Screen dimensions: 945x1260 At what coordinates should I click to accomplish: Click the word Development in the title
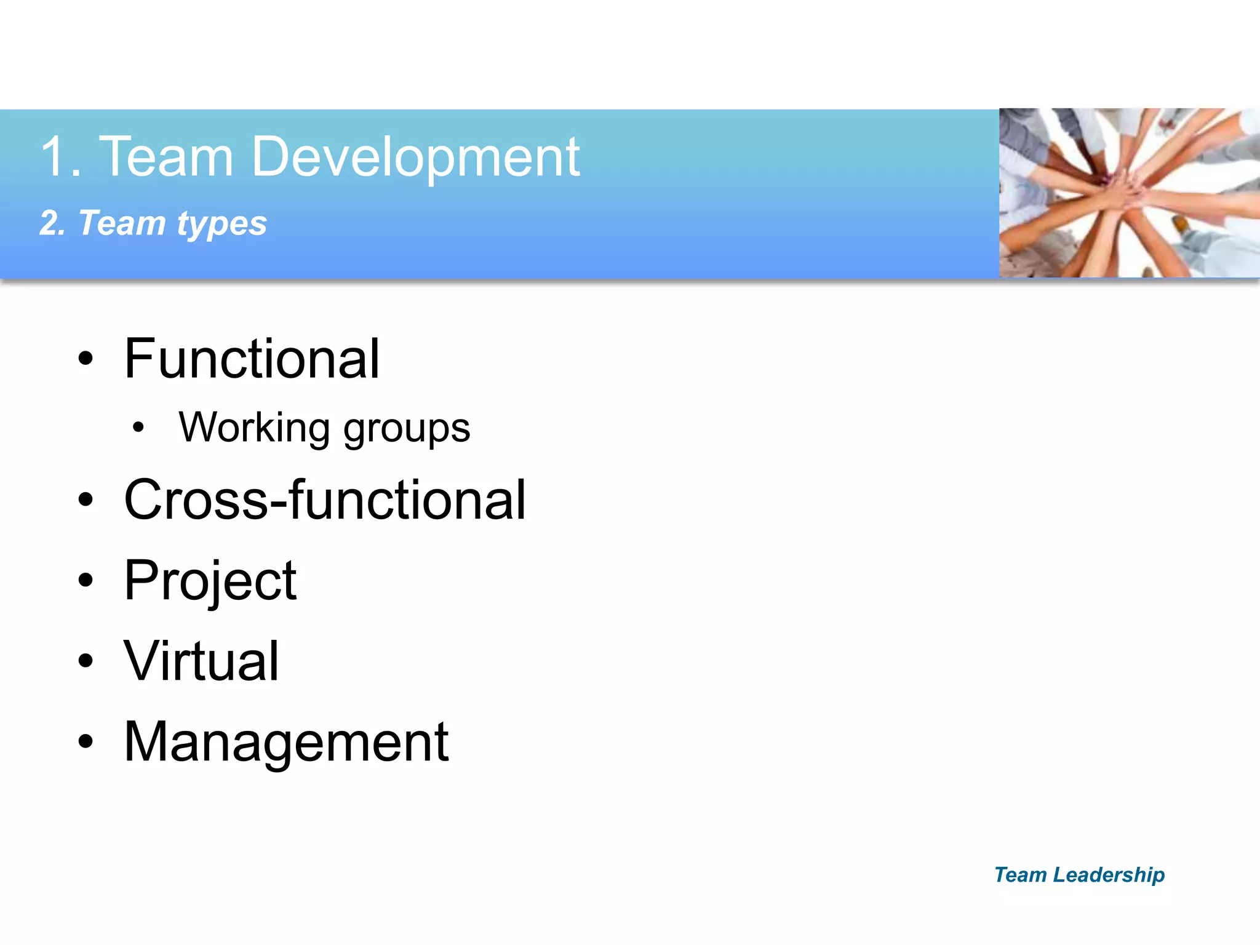pyautogui.click(x=415, y=157)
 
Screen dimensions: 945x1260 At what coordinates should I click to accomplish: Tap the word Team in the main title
pyautogui.click(x=166, y=157)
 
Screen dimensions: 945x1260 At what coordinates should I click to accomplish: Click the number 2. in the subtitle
pyautogui.click(x=52, y=223)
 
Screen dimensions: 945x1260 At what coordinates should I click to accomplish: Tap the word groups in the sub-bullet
pyautogui.click(x=407, y=429)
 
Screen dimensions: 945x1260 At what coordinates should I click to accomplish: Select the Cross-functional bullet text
pyautogui.click(x=325, y=500)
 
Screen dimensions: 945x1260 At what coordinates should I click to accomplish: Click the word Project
pyautogui.click(x=210, y=581)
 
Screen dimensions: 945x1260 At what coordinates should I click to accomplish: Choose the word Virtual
pyautogui.click(x=201, y=661)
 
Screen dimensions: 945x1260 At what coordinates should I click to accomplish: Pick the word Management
pyautogui.click(x=286, y=742)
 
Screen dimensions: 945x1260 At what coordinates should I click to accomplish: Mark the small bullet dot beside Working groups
pyautogui.click(x=138, y=427)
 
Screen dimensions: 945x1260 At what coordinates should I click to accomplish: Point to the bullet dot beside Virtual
pyautogui.click(x=86, y=661)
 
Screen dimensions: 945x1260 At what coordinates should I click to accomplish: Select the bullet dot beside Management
pyautogui.click(x=86, y=742)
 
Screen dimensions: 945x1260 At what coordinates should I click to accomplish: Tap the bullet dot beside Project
pyautogui.click(x=86, y=580)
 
